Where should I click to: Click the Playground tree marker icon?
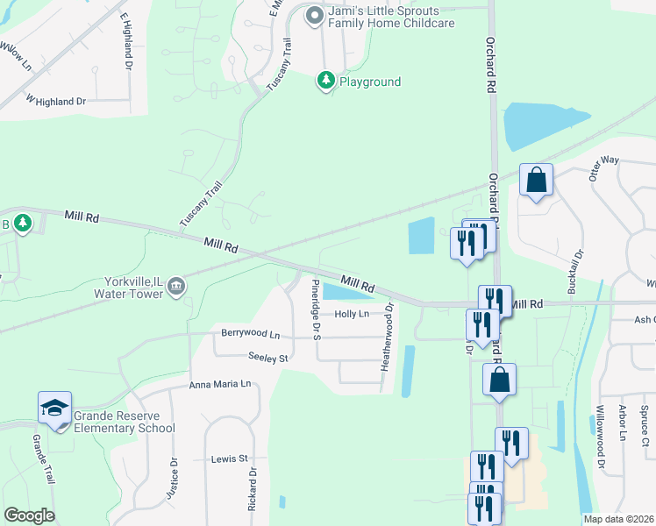tap(326, 82)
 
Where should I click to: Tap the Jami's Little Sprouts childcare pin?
tap(314, 15)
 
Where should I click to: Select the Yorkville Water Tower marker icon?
tap(176, 287)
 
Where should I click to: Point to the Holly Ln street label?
tap(352, 314)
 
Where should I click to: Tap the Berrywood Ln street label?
tap(250, 334)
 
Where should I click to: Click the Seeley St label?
tap(267, 359)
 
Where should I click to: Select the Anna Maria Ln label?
tap(219, 384)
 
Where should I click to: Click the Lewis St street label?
tap(231, 458)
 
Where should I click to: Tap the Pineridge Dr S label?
tap(316, 309)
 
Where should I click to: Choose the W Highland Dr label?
tap(56, 101)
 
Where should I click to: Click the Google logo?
tap(29, 515)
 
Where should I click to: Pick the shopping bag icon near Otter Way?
tap(536, 181)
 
